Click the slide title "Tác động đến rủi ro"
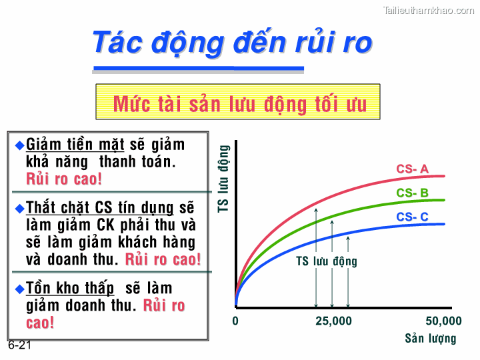pyautogui.click(x=231, y=42)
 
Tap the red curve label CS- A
pyautogui.click(x=412, y=169)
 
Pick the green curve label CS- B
pyautogui.click(x=412, y=193)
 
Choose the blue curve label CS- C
pyautogui.click(x=412, y=217)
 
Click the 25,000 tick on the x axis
pyautogui.click(x=333, y=321)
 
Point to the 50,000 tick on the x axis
pyautogui.click(x=443, y=321)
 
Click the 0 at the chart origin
pyautogui.click(x=235, y=321)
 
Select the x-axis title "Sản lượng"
pyautogui.click(x=431, y=339)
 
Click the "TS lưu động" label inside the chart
pyautogui.click(x=327, y=261)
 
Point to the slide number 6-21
pyautogui.click(x=20, y=346)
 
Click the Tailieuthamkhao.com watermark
pyautogui.click(x=429, y=10)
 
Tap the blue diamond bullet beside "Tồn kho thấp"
pyautogui.click(x=19, y=289)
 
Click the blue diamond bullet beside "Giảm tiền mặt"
pyautogui.click(x=19, y=145)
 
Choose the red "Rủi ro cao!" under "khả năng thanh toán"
pyautogui.click(x=65, y=179)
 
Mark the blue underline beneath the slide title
pyautogui.click(x=198, y=68)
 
